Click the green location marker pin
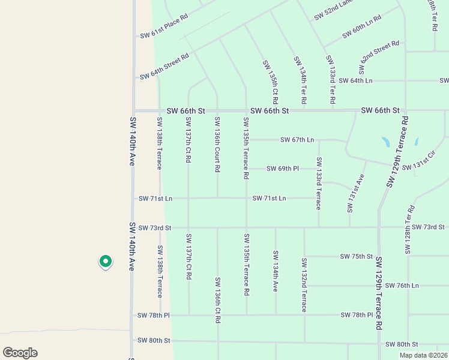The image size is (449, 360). tap(105, 262)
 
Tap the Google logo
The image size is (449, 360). tap(20, 353)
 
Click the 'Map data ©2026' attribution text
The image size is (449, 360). tap(423, 355)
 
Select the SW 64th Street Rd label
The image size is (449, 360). tap(164, 67)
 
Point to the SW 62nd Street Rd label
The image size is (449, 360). tap(379, 53)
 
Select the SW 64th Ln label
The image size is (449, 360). tap(355, 80)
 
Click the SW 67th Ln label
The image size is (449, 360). tap(297, 140)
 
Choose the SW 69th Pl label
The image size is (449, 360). tap(282, 169)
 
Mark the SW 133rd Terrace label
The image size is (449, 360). tap(319, 183)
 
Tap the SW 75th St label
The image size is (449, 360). tap(357, 256)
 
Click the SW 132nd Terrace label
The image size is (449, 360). tap(304, 285)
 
